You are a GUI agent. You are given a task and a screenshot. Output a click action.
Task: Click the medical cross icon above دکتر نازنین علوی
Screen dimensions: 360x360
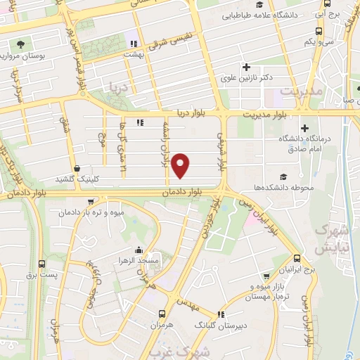(246, 67)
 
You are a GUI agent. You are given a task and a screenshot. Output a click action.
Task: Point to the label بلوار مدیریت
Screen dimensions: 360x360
(266, 113)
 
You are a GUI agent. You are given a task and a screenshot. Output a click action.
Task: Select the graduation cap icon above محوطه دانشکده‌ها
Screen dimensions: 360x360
(283, 176)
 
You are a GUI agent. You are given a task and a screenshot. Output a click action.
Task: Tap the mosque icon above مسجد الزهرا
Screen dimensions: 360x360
(138, 250)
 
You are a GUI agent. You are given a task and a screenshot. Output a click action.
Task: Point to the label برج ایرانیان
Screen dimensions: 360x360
(298, 270)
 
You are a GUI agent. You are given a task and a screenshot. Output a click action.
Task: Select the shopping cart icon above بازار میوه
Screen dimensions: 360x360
(266, 276)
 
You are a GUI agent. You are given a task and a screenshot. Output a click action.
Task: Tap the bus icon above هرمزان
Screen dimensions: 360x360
(162, 314)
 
